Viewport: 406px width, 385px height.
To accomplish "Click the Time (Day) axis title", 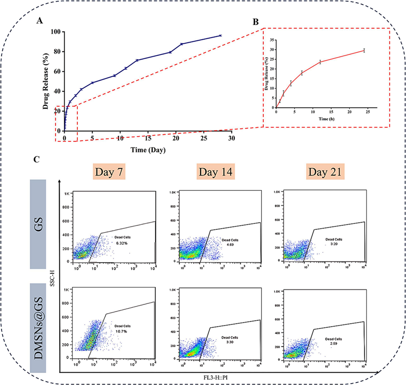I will coord(148,150).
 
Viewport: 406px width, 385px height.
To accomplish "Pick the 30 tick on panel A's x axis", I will coord(231,138).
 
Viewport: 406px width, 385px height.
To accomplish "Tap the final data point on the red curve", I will coord(364,51).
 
